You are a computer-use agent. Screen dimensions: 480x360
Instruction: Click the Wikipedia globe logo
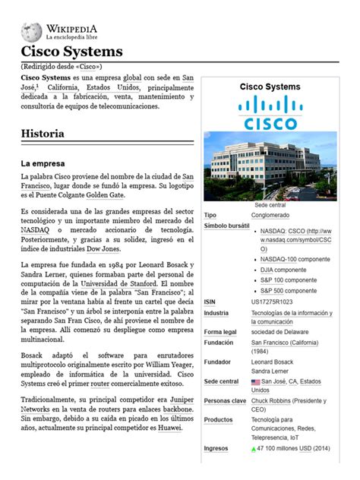tap(31, 31)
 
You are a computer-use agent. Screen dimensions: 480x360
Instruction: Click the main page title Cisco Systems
tap(71, 52)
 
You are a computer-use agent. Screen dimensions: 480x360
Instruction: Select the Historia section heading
tap(43, 134)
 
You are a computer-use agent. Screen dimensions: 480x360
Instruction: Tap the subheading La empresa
tap(43, 163)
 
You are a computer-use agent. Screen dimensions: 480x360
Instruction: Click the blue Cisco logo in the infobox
tap(272, 112)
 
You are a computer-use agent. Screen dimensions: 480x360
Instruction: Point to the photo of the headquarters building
tap(271, 165)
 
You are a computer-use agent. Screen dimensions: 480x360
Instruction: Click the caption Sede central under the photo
tap(270, 205)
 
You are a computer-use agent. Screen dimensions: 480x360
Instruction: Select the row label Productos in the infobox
tap(219, 420)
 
